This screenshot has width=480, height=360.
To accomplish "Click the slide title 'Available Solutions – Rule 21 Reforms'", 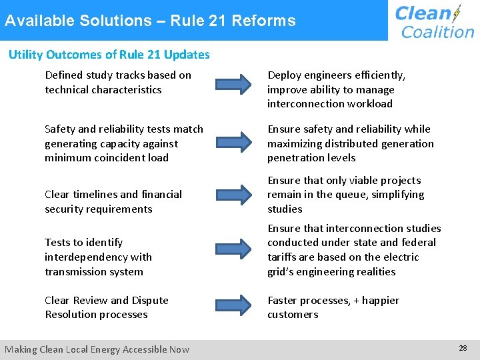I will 150,21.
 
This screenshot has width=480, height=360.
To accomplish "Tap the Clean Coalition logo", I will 434,21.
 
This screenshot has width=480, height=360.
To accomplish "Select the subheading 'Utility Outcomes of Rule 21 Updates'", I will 109,55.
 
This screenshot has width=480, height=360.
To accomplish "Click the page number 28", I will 463,348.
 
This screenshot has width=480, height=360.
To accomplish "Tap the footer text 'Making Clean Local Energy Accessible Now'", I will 97,349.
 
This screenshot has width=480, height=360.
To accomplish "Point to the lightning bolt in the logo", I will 457,13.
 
